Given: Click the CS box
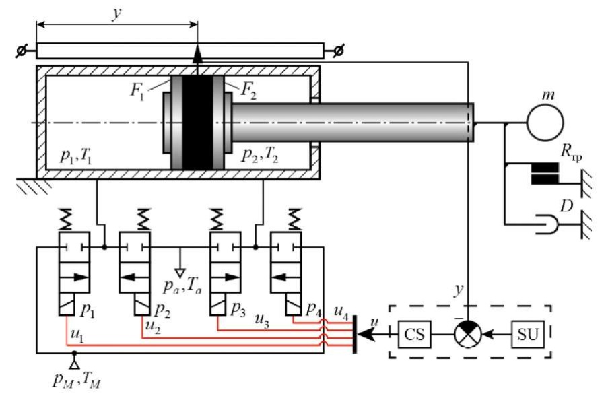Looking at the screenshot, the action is (x=414, y=334).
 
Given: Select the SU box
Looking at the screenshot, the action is (x=528, y=334).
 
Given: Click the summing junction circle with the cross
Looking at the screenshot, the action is (x=468, y=334).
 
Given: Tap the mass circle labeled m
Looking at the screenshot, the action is (x=545, y=123).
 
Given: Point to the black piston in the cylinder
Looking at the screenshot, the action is (x=197, y=122).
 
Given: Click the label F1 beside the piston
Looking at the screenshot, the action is (x=137, y=92).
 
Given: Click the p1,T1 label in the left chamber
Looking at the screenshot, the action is (x=75, y=156).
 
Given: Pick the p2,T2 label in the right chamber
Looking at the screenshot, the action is (x=260, y=155).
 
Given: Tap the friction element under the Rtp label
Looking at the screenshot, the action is (x=545, y=173).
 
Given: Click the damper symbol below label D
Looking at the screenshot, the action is (x=547, y=224).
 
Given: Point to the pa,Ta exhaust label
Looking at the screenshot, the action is (x=182, y=287).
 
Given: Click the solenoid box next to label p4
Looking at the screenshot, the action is (x=294, y=304).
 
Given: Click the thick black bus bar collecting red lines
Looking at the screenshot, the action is (x=355, y=334).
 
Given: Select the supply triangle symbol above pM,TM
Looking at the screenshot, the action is (x=74, y=364).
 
